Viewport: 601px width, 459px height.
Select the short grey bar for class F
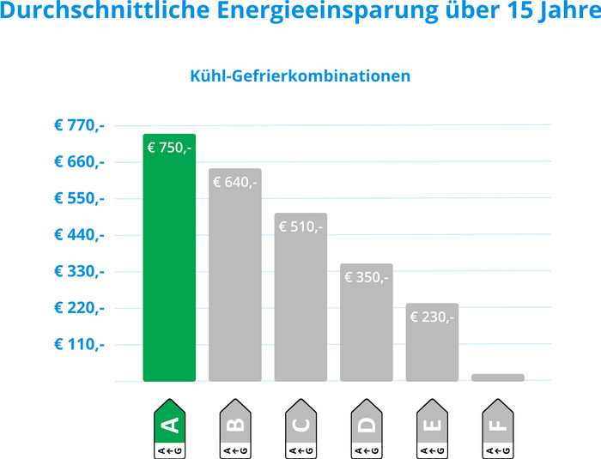point(498,377)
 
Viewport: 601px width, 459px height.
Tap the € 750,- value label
point(169,148)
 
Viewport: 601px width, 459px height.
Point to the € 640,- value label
point(235,182)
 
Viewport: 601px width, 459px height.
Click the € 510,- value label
point(300,226)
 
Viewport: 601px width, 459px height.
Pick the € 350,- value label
point(367,277)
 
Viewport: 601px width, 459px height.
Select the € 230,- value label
point(432,317)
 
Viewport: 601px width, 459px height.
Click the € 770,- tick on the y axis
point(79,125)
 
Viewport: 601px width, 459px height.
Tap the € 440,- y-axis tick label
point(79,235)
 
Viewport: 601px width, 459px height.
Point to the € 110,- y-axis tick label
point(79,344)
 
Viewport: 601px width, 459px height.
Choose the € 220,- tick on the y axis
point(79,308)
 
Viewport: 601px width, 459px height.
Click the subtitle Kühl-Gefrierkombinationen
point(300,75)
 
